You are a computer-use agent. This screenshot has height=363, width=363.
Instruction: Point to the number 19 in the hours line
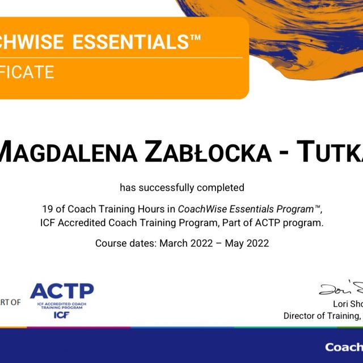point(47,208)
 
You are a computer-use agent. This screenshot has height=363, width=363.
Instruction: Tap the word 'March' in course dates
point(172,243)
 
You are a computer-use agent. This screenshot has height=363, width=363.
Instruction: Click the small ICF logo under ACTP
point(62,314)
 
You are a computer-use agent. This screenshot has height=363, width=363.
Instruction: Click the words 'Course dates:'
point(125,243)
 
